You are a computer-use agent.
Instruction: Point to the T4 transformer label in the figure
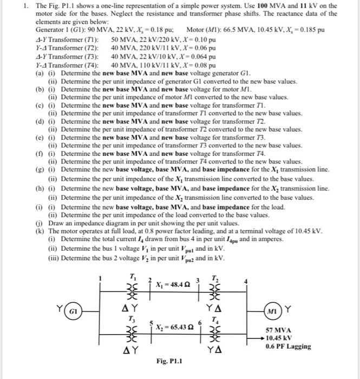[217, 319]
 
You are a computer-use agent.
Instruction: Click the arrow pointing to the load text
[261, 338]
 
